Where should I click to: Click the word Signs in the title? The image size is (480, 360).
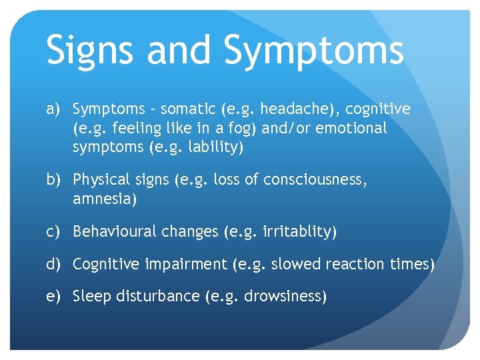point(94,51)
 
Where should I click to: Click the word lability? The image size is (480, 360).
point(213,147)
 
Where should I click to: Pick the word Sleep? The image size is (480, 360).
point(92,297)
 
